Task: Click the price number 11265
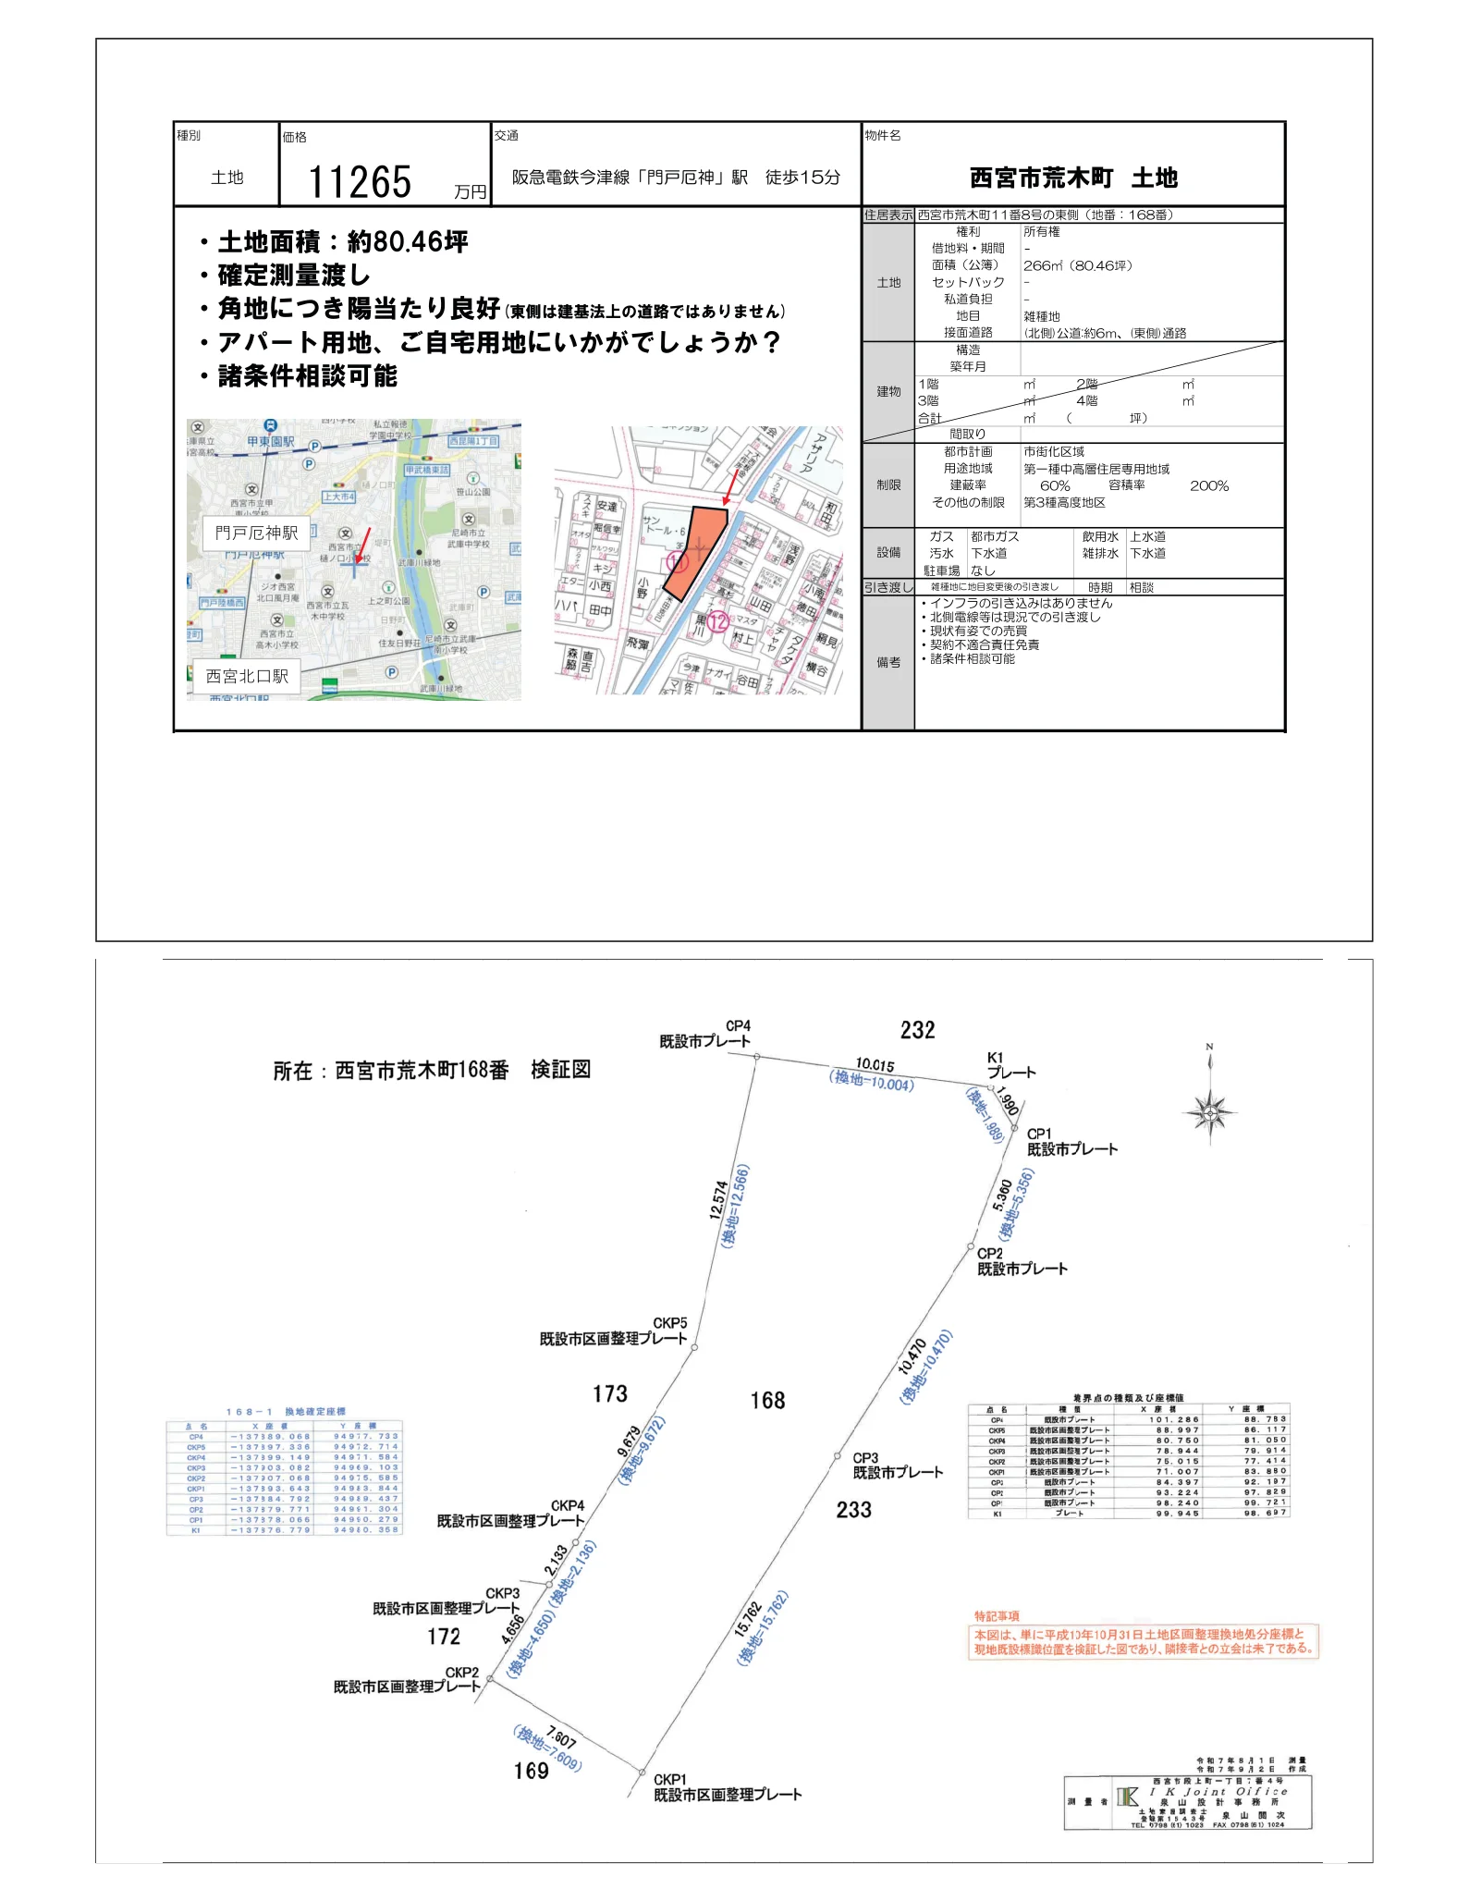(x=359, y=182)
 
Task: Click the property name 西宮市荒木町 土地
(x=1072, y=178)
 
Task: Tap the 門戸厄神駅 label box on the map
(x=256, y=533)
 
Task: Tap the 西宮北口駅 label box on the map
(x=247, y=676)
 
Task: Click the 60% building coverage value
(x=1054, y=485)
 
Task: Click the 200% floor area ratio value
(x=1208, y=485)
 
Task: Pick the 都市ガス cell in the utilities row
(x=995, y=536)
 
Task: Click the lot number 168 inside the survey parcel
(x=767, y=1401)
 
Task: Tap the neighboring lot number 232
(x=917, y=1030)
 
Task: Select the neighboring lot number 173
(x=609, y=1393)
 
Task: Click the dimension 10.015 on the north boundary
(x=874, y=1064)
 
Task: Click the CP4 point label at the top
(x=738, y=1025)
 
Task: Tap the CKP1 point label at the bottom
(x=669, y=1779)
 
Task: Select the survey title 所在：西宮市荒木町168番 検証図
(x=431, y=1070)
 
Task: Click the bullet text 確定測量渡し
(x=293, y=276)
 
